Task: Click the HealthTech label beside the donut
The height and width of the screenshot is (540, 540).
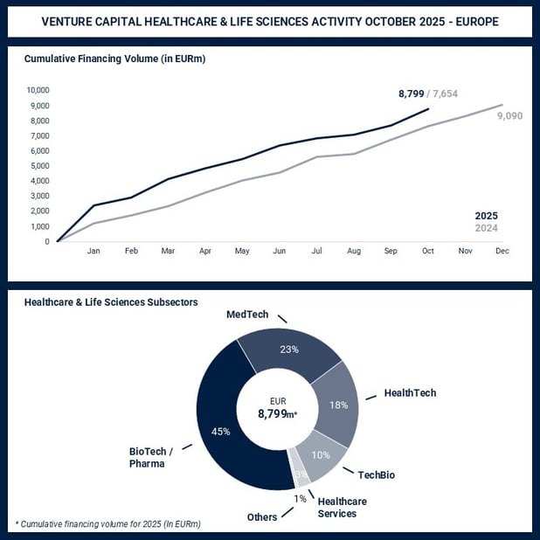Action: click(x=410, y=393)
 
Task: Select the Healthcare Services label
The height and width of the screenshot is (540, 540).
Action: click(x=342, y=507)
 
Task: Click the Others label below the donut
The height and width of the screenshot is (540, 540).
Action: click(x=261, y=516)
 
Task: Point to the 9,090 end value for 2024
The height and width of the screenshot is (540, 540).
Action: click(x=509, y=114)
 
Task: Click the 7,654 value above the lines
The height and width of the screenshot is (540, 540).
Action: click(x=453, y=93)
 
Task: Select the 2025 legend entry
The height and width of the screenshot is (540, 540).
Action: click(x=486, y=216)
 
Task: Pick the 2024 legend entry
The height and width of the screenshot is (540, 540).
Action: click(x=486, y=229)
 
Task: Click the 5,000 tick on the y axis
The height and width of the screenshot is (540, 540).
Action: click(x=38, y=166)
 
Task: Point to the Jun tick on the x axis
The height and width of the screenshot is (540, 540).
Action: click(x=279, y=251)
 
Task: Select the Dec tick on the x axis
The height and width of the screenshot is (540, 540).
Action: click(x=502, y=251)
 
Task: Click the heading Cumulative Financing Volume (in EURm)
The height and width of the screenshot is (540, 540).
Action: click(x=114, y=59)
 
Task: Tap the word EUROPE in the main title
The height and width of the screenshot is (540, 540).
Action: click(x=470, y=21)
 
